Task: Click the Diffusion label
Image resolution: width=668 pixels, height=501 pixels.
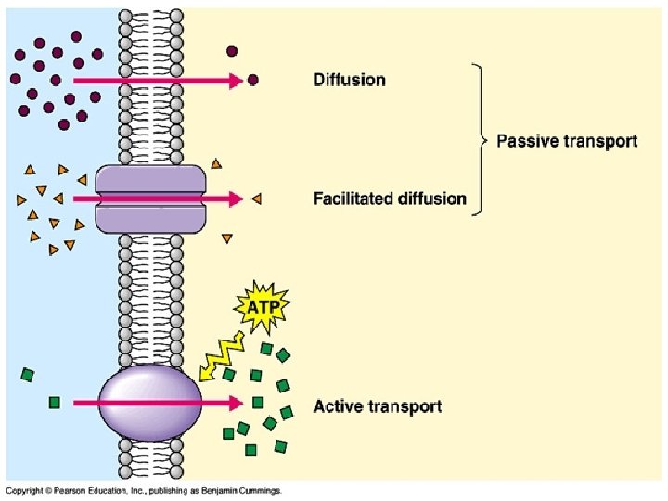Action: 349,80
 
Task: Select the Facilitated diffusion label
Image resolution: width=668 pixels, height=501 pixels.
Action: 389,199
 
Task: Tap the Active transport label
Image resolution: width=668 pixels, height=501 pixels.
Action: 378,406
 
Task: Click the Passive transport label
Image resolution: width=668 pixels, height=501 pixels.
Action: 567,141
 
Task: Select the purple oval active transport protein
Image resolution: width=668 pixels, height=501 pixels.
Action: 149,403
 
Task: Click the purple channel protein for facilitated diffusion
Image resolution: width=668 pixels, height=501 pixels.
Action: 149,199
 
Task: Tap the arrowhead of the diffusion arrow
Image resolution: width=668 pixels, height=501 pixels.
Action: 236,81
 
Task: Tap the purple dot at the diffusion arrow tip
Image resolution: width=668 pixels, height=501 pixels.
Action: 252,81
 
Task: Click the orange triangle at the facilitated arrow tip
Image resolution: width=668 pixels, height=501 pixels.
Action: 256,199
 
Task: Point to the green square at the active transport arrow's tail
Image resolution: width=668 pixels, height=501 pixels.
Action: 55,403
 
